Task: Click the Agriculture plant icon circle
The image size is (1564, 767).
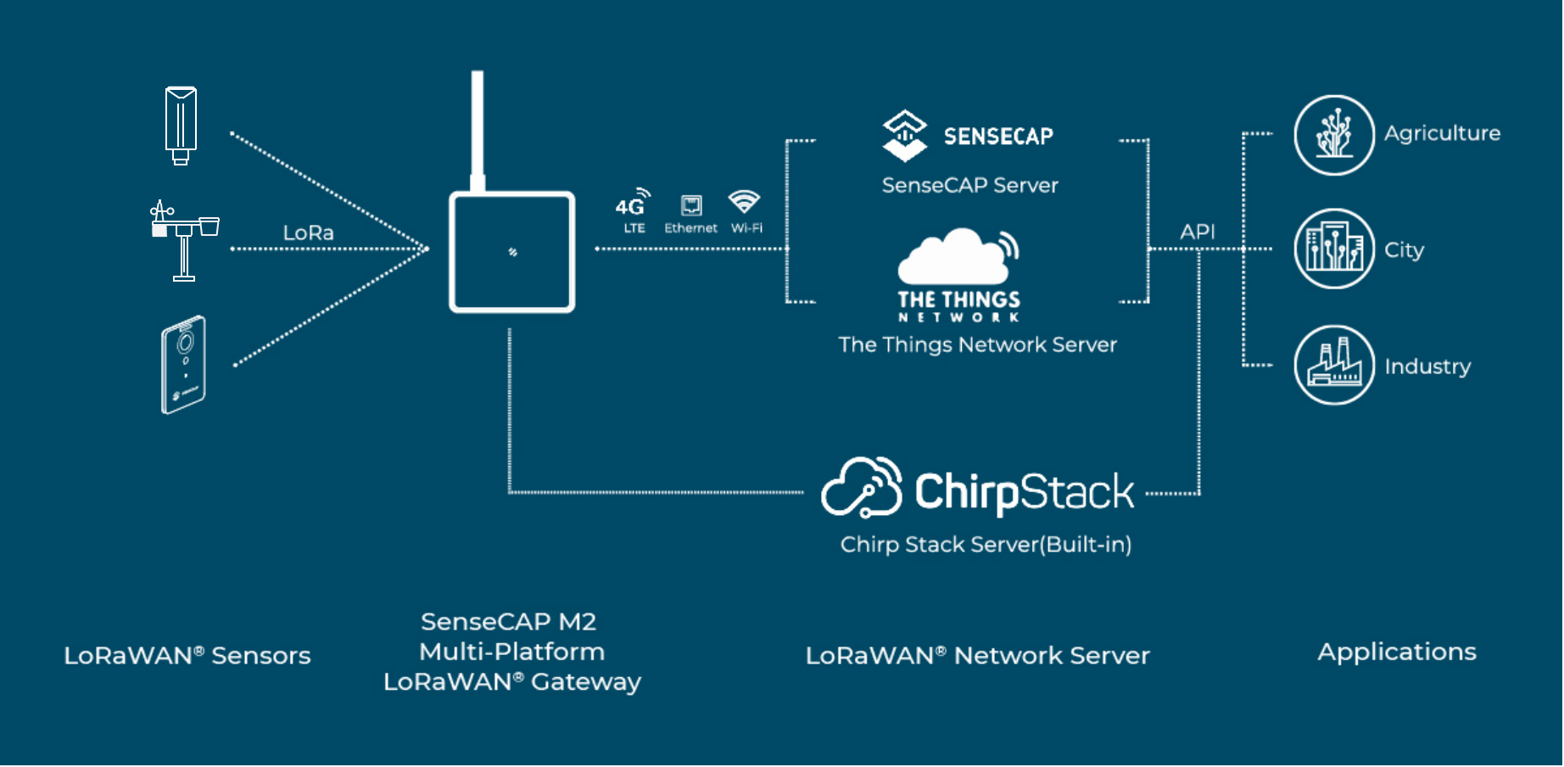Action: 1333,135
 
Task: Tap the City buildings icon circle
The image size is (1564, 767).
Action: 1333,249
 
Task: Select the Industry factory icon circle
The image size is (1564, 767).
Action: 1333,366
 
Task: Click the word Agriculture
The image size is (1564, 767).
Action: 1442,133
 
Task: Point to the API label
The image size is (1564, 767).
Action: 1197,232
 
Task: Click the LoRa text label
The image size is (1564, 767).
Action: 308,232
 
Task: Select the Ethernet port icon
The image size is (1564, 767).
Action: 691,206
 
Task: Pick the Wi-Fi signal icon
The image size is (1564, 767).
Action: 744,202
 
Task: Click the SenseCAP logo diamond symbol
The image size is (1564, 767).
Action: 905,135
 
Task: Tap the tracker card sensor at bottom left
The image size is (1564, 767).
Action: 184,365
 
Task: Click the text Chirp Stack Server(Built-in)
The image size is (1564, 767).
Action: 986,545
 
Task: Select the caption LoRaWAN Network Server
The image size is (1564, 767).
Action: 977,655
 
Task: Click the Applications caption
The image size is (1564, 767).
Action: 1396,652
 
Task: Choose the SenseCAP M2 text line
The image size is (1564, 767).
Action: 509,622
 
